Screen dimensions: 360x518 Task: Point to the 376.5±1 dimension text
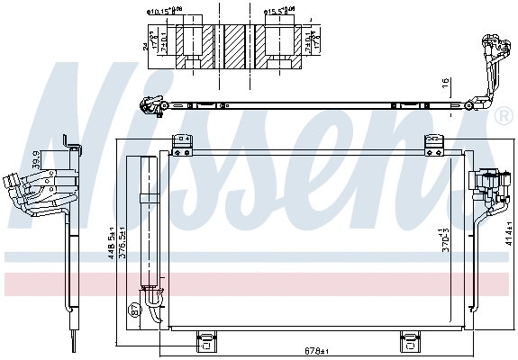coord(124,244)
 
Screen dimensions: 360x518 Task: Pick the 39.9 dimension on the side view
coord(35,160)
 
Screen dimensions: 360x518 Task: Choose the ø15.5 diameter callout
coord(279,13)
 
